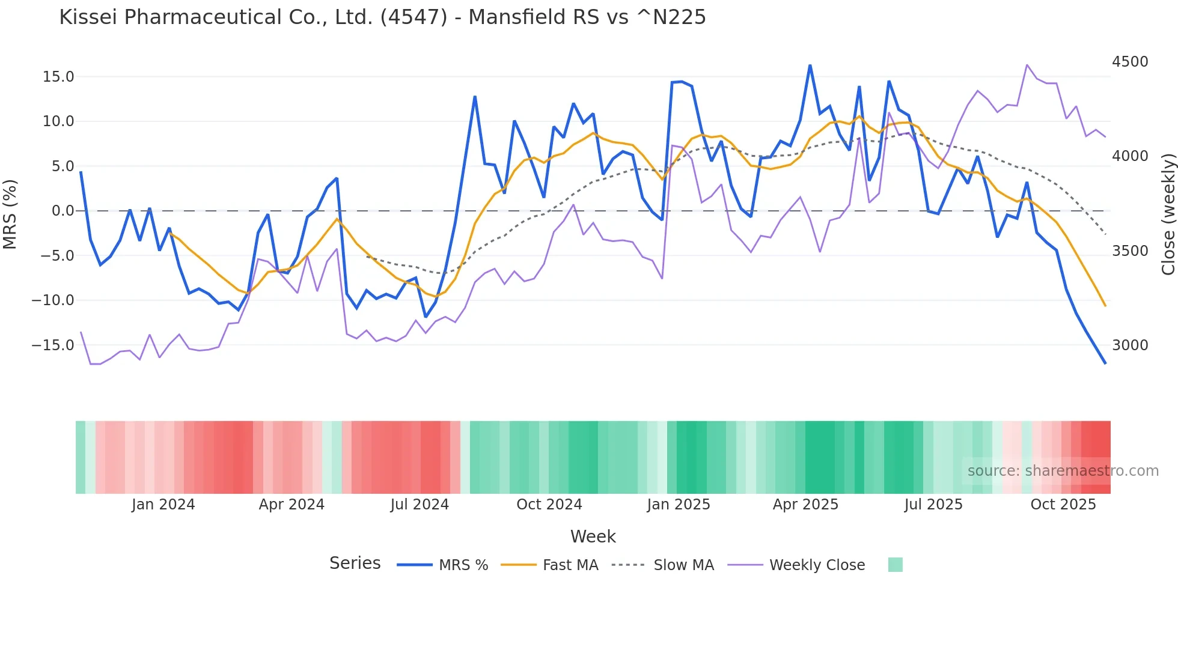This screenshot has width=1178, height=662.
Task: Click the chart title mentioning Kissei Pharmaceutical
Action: [x=382, y=17]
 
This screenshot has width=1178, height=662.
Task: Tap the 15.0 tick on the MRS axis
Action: [x=58, y=77]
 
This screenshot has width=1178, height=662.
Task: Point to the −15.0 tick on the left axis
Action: [x=53, y=345]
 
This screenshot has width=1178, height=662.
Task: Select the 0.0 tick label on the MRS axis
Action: [x=63, y=211]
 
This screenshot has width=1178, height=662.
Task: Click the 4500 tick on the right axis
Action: [x=1130, y=62]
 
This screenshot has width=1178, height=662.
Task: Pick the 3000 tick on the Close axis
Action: [x=1130, y=345]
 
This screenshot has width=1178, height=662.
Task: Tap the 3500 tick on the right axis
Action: [x=1130, y=251]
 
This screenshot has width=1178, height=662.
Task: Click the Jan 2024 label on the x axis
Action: [x=163, y=505]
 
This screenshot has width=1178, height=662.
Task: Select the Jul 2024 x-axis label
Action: [x=420, y=505]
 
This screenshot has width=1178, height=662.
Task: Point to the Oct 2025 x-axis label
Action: [x=1063, y=505]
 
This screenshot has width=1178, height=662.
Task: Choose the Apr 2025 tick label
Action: [x=805, y=505]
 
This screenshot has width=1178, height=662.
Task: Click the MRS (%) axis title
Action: [x=10, y=214]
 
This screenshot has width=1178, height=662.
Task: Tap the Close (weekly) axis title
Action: [x=1168, y=214]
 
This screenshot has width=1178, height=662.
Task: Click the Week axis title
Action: [x=593, y=536]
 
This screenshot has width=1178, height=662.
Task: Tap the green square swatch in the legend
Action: [x=895, y=565]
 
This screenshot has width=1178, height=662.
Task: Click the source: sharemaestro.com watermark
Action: [x=1063, y=471]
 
